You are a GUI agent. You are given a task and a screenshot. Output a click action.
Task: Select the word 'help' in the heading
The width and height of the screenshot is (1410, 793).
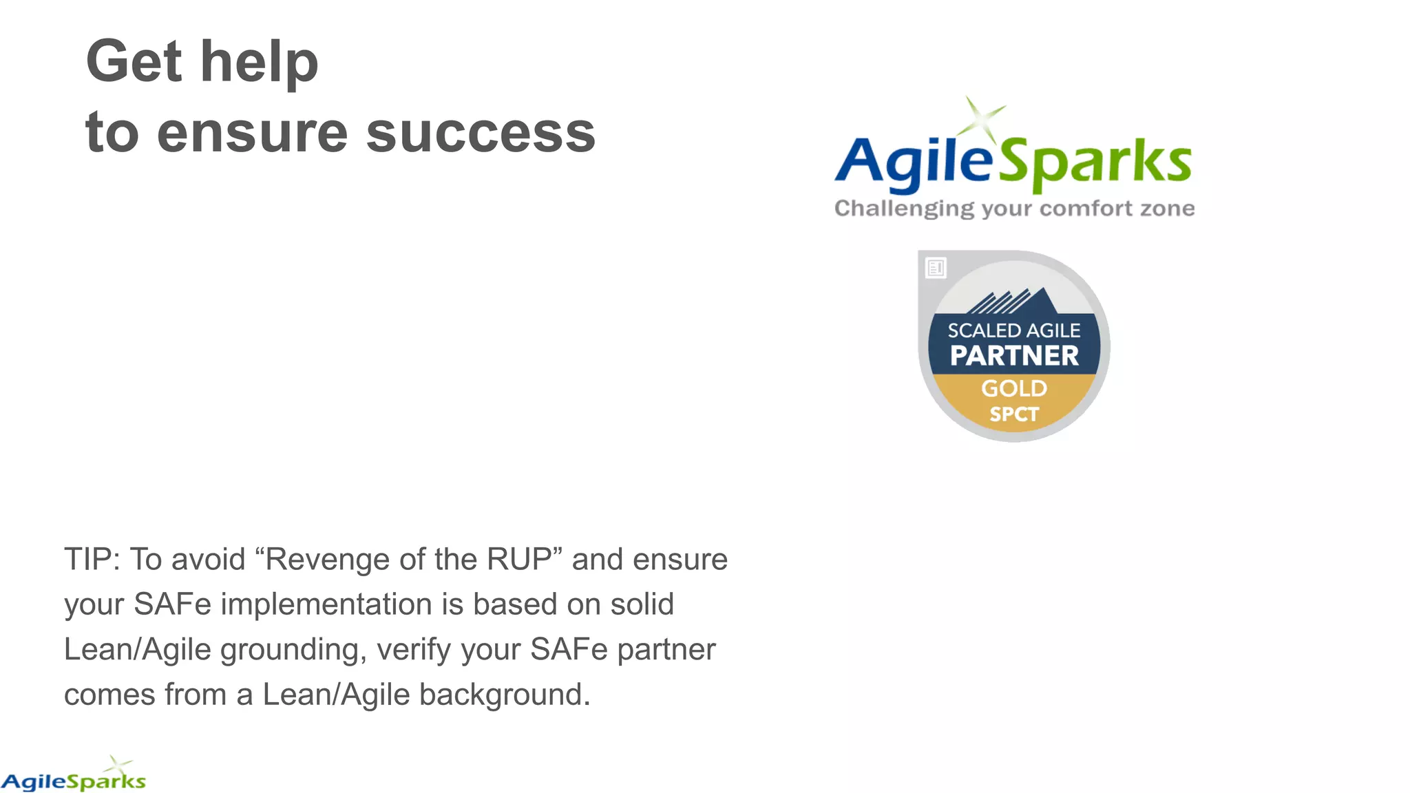pyautogui.click(x=259, y=61)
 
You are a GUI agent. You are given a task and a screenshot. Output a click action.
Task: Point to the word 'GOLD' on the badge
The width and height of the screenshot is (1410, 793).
pyautogui.click(x=1013, y=388)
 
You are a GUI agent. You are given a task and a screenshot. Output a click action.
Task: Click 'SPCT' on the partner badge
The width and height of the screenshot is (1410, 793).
pyautogui.click(x=1013, y=414)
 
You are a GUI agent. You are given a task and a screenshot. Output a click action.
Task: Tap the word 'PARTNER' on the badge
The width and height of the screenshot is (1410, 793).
pyautogui.click(x=1013, y=356)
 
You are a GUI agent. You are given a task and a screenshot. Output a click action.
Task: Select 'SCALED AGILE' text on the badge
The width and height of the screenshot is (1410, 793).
pyautogui.click(x=1013, y=330)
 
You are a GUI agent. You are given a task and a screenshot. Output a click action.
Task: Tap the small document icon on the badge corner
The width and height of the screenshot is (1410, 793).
pyautogui.click(x=936, y=268)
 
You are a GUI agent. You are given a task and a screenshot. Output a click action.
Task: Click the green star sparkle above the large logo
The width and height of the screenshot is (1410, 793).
pyautogui.click(x=982, y=118)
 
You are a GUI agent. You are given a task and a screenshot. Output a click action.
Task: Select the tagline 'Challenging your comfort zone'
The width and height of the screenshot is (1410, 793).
pyautogui.click(x=1013, y=209)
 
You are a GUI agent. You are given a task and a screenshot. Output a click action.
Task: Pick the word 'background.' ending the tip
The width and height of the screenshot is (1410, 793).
pyautogui.click(x=504, y=695)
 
